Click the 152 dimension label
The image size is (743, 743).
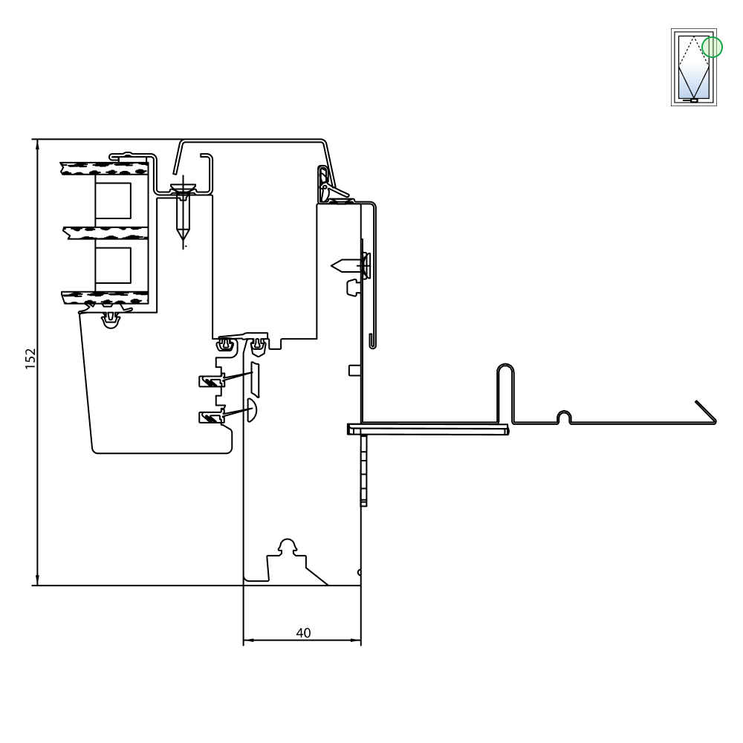tap(30, 359)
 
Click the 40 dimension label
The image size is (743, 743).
tap(303, 632)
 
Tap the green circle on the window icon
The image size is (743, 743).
tap(712, 47)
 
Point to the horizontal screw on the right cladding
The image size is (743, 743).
tap(351, 266)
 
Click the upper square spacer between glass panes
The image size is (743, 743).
tap(113, 201)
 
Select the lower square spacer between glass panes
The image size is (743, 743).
tap(113, 265)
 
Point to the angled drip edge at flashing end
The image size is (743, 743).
tap(706, 412)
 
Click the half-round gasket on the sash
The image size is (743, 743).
tap(252, 410)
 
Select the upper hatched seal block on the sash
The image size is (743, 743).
tap(211, 381)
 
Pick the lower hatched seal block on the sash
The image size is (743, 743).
tap(211, 417)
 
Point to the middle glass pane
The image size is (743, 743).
tap(106, 233)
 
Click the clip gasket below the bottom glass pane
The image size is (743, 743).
tap(111, 319)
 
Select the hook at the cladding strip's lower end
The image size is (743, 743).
tap(372, 341)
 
